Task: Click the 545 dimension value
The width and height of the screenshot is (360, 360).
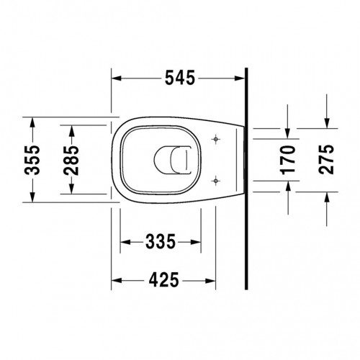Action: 180,78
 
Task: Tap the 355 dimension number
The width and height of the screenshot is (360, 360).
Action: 32,160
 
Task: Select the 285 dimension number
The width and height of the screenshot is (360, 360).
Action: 71,160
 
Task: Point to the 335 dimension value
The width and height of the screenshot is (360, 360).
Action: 161,242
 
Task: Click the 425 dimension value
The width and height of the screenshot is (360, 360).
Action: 164,280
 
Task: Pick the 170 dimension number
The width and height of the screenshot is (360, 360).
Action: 288,160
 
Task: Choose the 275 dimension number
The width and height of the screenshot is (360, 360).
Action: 326,159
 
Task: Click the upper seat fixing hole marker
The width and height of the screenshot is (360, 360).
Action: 216,139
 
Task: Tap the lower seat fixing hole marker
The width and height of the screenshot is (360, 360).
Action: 216,181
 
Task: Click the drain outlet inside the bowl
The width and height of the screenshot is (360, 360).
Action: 172,160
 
